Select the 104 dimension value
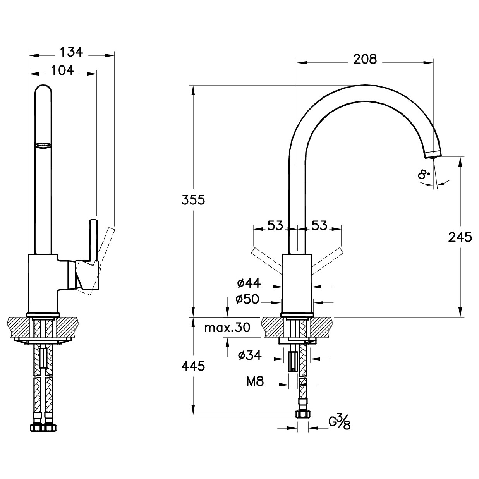(62, 70)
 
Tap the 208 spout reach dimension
(365, 59)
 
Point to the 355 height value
(193, 200)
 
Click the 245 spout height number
(460, 237)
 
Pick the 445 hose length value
(193, 366)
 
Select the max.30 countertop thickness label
(227, 328)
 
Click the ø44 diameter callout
(249, 283)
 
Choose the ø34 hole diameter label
(249, 355)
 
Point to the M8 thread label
(255, 381)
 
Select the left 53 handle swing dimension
(275, 225)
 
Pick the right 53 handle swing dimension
(319, 225)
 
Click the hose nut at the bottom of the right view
(303, 414)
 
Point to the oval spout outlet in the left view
(44, 146)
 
